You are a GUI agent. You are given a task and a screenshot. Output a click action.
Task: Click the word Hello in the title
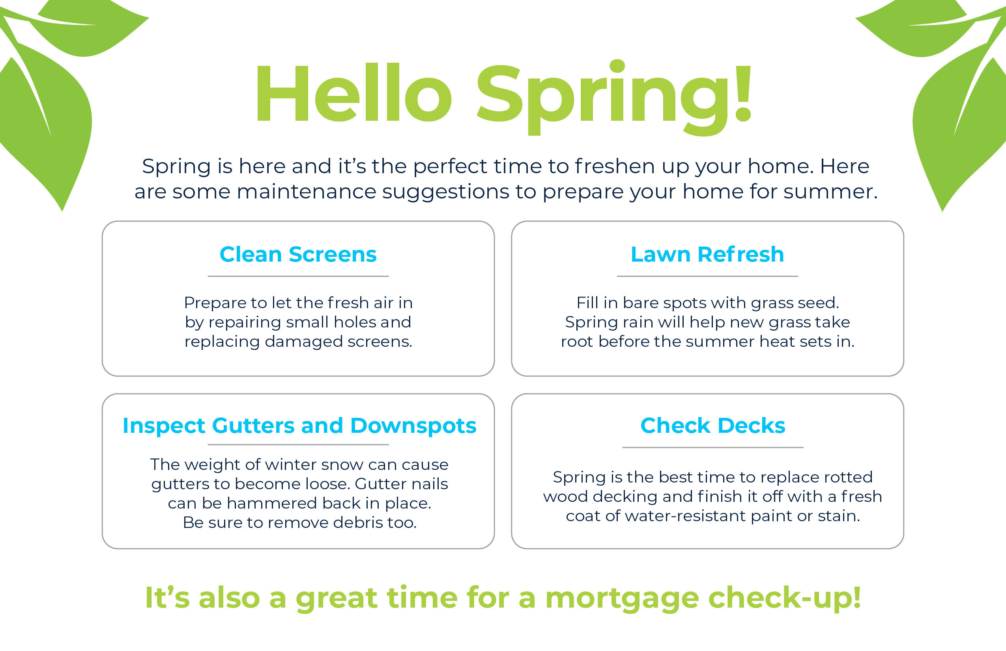pos(354,93)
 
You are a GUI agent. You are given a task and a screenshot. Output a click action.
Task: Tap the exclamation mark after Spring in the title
pos(742,93)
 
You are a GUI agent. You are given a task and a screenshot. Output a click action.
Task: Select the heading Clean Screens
pos(298,254)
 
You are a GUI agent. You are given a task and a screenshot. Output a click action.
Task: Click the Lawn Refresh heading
pos(707,254)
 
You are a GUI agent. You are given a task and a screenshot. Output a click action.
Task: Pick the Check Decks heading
pos(712,425)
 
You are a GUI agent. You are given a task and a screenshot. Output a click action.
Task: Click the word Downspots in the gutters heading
pos(413,426)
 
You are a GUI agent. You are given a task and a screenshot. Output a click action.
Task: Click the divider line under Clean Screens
pos(298,277)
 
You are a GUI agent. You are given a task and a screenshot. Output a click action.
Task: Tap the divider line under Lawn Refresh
pos(708,277)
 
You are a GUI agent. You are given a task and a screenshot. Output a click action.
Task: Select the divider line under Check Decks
pos(712,447)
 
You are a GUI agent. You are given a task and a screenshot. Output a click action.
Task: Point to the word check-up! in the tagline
pos(785,599)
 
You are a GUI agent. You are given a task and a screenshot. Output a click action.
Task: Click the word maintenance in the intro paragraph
pos(307,191)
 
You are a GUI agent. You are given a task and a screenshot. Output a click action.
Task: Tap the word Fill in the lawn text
pos(587,303)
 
